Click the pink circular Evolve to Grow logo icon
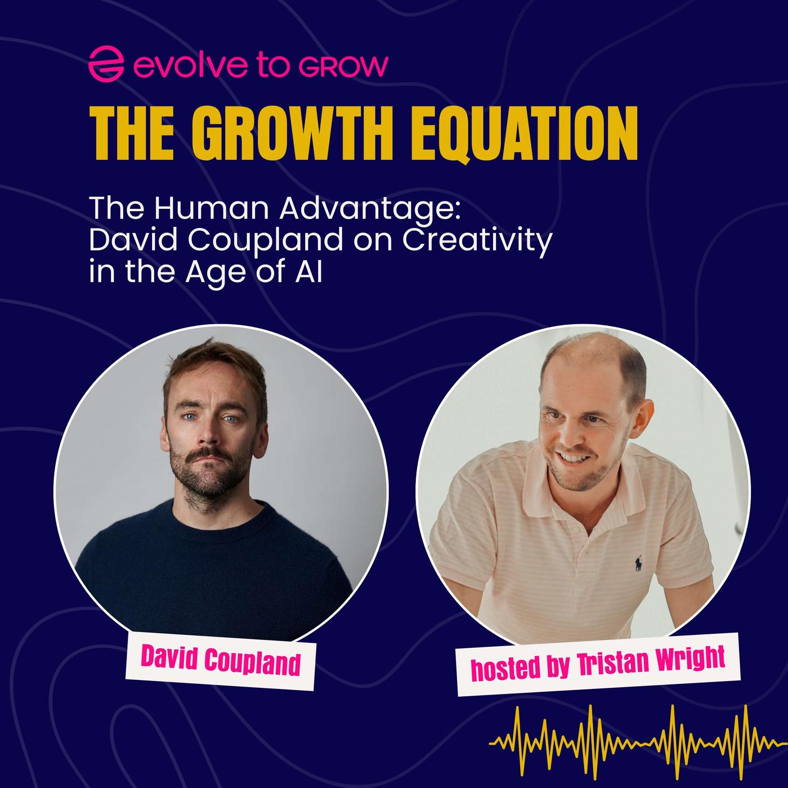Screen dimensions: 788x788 pyautogui.click(x=106, y=65)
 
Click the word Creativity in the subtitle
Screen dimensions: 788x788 pyautogui.click(x=477, y=242)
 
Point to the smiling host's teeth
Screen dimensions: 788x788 pyautogui.click(x=574, y=458)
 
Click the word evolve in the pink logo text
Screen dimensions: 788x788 pyautogui.click(x=188, y=65)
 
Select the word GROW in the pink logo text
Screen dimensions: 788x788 pyautogui.click(x=343, y=66)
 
